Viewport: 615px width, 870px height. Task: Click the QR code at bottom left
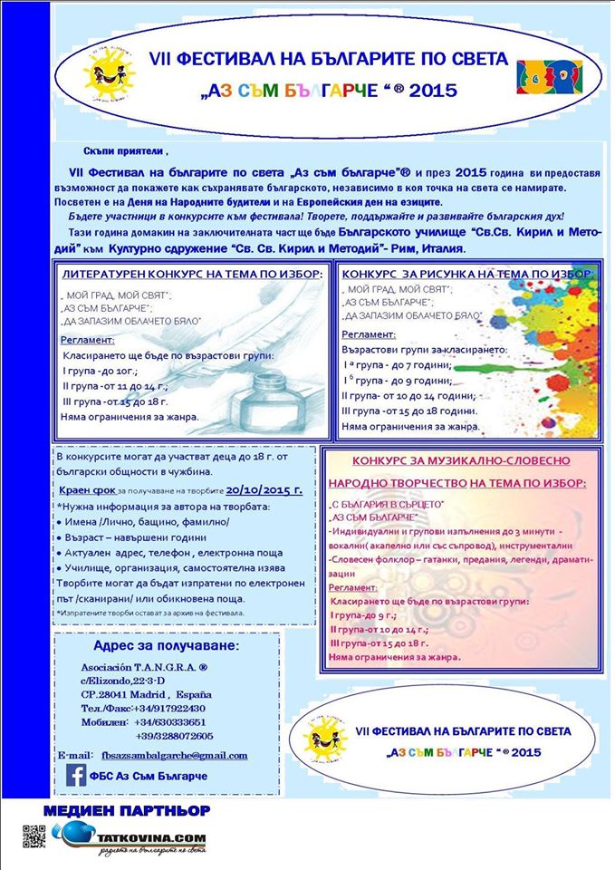[33, 837]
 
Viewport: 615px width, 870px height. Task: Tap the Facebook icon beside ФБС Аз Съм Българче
[77, 775]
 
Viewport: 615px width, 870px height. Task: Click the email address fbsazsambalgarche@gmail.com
[172, 755]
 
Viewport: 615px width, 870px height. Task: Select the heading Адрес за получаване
[167, 646]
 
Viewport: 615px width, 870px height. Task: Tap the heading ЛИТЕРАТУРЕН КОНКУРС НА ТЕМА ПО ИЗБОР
[191, 274]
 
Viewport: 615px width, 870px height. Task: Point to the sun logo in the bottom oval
[327, 730]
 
